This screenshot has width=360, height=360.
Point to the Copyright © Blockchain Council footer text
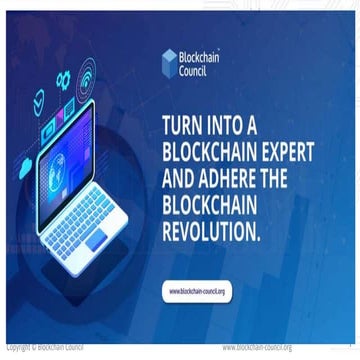tap(45, 347)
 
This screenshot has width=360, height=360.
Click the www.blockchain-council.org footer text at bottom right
tap(257, 347)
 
